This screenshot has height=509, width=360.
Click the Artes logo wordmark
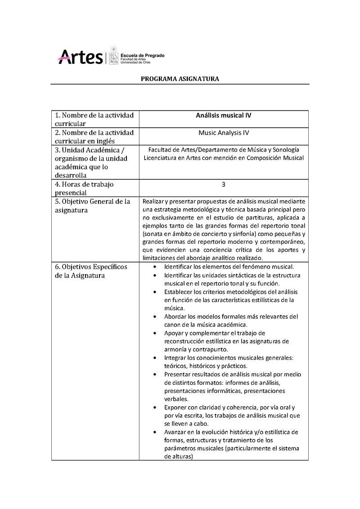coord(80,57)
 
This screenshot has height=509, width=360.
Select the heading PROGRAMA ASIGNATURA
coord(180,79)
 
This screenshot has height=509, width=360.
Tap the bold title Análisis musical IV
coord(223,115)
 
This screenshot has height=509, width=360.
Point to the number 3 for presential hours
coord(224,184)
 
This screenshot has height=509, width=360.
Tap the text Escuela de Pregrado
coord(142,55)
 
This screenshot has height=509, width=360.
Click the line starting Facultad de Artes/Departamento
coord(223,149)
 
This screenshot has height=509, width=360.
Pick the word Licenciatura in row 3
coord(159,158)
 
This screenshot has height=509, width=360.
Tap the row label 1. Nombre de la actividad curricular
coord(94,119)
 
